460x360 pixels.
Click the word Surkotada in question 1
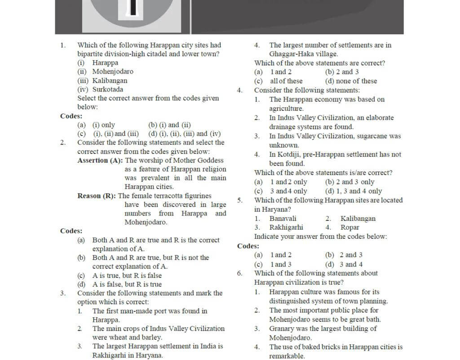click(x=108, y=89)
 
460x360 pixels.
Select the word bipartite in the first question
click(x=91, y=54)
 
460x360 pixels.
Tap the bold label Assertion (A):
click(x=100, y=160)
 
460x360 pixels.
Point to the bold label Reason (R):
click(x=97, y=196)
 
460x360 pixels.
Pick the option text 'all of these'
click(x=286, y=81)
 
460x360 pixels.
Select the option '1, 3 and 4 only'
click(x=358, y=191)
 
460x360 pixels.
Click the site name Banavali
click(x=283, y=219)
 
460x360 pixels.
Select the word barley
click(x=152, y=338)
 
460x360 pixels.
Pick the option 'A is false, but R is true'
click(x=127, y=284)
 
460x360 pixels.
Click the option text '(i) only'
click(x=104, y=125)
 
